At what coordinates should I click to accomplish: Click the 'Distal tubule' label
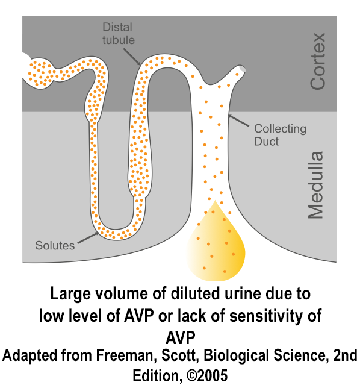[x=119, y=34]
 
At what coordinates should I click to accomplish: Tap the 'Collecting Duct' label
[x=280, y=135]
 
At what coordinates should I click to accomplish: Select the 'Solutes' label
[x=55, y=245]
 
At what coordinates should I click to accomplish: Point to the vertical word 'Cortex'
[x=318, y=61]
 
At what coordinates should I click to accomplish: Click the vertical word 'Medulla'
[x=316, y=185]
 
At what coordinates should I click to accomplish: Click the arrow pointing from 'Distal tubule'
[x=132, y=57]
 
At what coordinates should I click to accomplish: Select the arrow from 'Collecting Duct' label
[x=238, y=121]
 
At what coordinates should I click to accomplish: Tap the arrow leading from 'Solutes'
[x=88, y=237]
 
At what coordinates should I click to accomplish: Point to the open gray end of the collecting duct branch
[x=242, y=69]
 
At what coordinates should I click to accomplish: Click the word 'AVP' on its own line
[x=181, y=338]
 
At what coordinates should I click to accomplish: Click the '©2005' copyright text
[x=207, y=375]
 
